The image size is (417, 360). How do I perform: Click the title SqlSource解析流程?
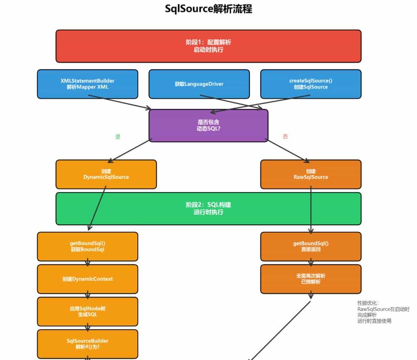coord(208,9)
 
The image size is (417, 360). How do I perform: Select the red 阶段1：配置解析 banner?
coord(208,46)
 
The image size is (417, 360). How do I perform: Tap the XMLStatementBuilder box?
coord(87,84)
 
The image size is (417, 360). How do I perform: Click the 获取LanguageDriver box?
coord(199,84)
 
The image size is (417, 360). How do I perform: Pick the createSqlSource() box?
coord(311,84)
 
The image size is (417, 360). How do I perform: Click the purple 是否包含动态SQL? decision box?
coord(208,125)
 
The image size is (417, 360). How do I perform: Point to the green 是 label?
coord(118,137)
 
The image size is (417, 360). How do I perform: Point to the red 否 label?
coord(285,137)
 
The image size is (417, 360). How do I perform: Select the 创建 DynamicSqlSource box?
coord(106,174)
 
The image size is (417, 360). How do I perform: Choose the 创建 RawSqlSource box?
coord(311,174)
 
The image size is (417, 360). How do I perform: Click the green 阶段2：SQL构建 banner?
coord(208,208)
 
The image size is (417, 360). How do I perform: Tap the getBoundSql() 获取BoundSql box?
coord(87,246)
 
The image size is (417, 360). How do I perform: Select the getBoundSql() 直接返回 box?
coord(311,246)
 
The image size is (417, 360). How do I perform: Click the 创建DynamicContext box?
coord(87,279)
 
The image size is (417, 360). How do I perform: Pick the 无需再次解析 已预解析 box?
coord(311,279)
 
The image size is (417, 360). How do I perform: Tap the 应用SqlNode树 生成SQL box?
coord(87,311)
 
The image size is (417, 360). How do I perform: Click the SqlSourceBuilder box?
coord(87,344)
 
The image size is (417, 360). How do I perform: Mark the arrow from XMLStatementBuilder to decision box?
coord(120,103)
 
